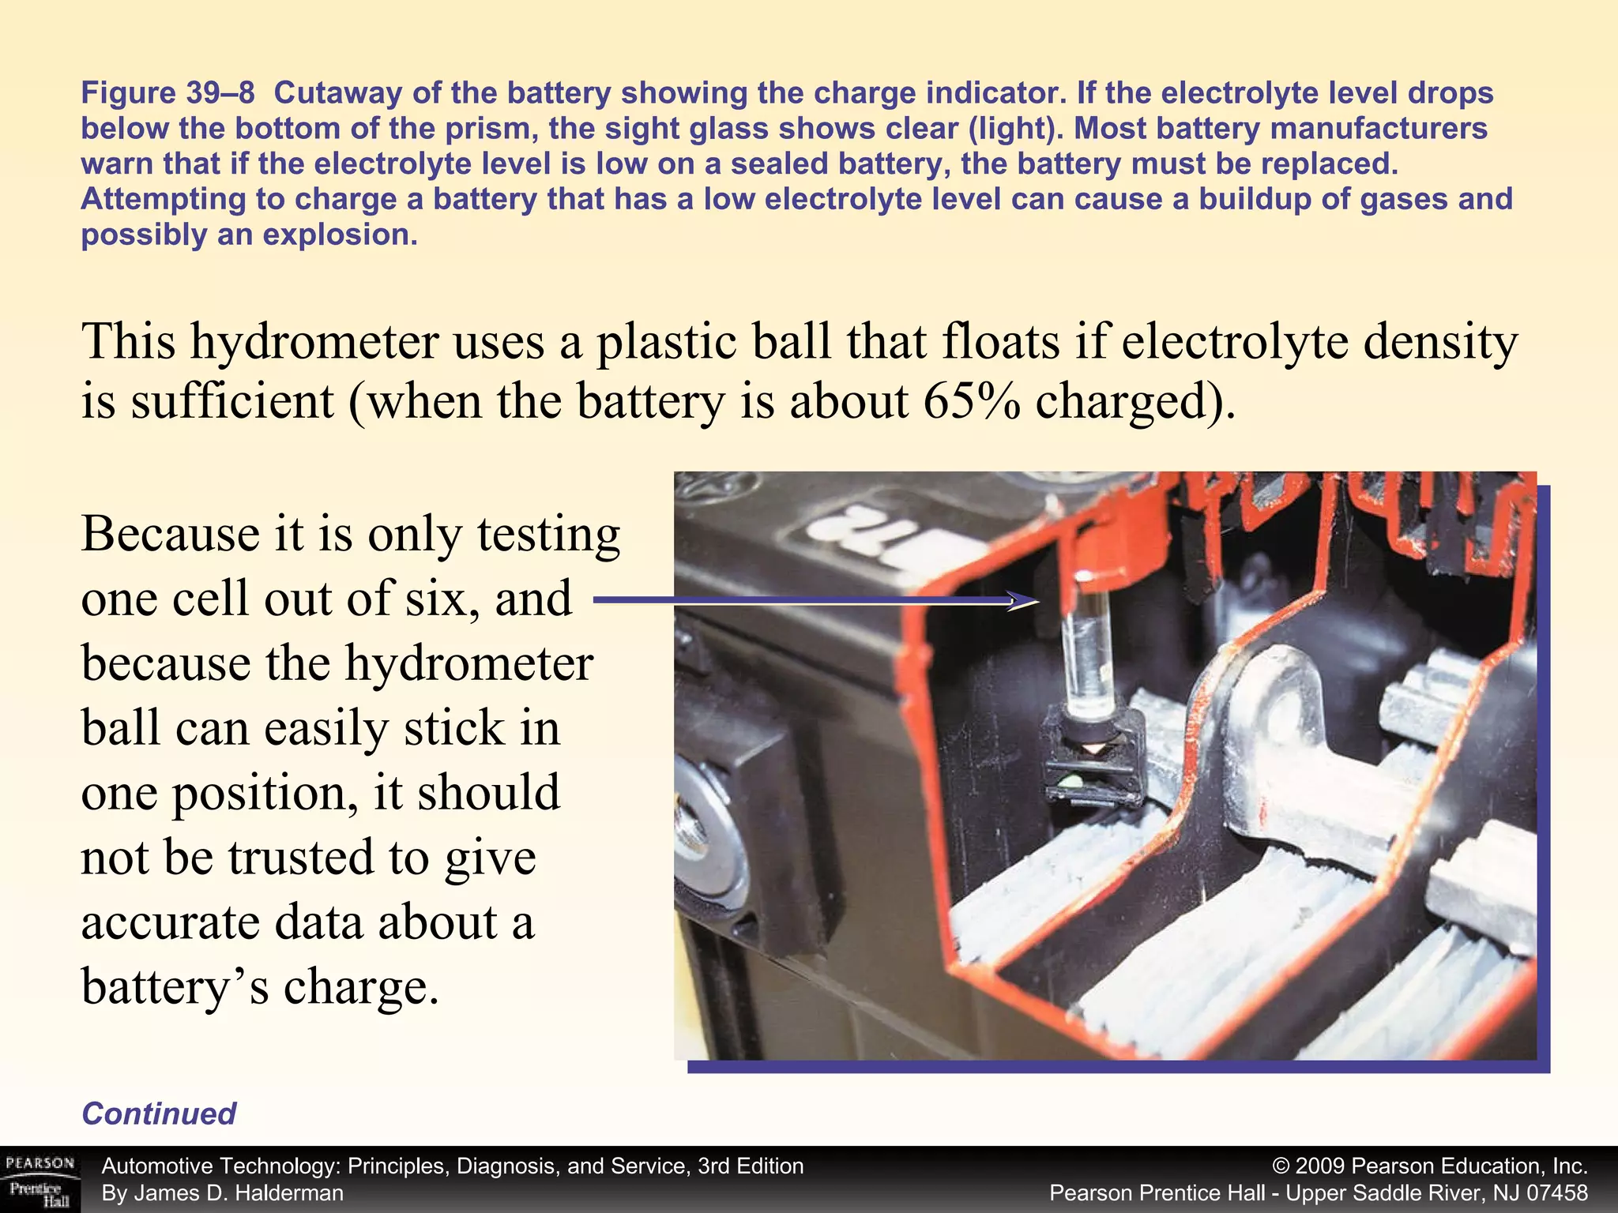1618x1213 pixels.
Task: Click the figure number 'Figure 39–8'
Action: [167, 93]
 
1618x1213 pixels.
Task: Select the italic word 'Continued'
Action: [159, 1113]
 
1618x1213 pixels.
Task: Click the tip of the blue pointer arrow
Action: [1037, 601]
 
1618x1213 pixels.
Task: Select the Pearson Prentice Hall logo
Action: [40, 1180]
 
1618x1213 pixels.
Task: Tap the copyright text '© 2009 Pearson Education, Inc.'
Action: [1430, 1166]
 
